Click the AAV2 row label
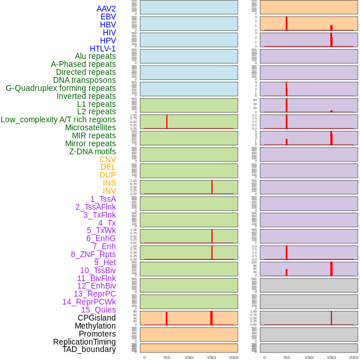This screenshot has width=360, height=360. (106, 9)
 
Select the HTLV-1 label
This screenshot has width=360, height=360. (103, 49)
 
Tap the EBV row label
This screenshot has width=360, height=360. (108, 17)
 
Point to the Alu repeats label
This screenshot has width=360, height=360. (95, 56)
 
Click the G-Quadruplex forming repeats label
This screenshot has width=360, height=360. (61, 88)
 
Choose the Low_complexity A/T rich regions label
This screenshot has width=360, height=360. (58, 119)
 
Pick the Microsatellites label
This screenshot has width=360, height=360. (90, 127)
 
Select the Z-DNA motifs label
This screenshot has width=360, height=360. (93, 151)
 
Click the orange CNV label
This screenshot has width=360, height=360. (107, 159)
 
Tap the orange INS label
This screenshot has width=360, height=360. (109, 183)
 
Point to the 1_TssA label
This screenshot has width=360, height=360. (103, 199)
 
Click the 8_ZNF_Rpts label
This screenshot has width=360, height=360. (93, 254)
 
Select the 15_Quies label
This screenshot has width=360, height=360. (98, 310)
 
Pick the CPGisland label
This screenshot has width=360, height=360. (97, 318)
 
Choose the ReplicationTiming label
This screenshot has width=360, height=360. (85, 342)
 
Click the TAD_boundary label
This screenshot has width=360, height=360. (89, 349)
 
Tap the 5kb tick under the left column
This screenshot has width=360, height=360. (167, 357)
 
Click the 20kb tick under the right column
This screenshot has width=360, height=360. (354, 357)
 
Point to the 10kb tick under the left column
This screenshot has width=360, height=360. (189, 357)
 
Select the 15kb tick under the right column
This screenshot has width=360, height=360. (331, 357)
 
